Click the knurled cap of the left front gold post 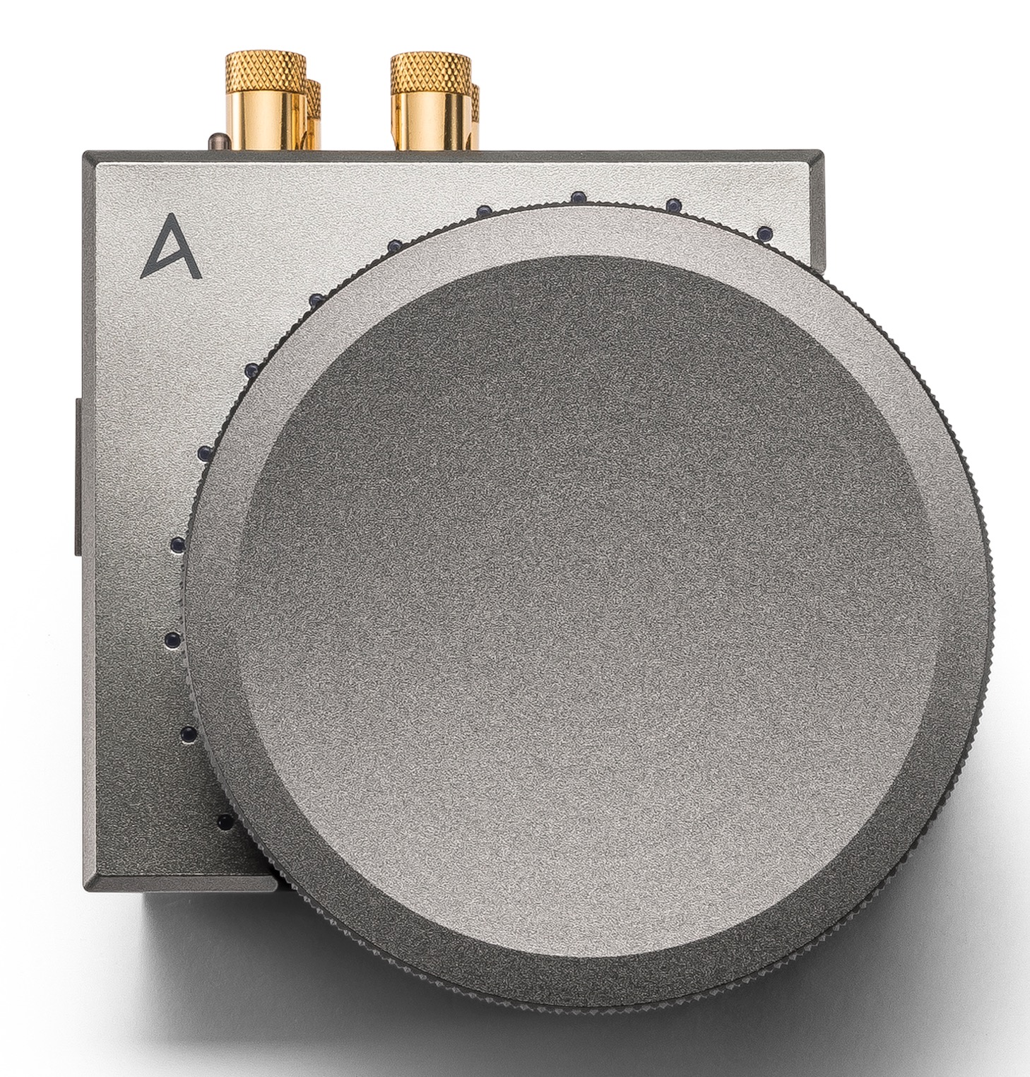264,70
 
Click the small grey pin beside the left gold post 216,141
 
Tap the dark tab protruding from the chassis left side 78,474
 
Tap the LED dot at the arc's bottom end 225,821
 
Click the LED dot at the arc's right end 763,232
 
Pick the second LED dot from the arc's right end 673,205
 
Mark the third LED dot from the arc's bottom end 170,640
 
